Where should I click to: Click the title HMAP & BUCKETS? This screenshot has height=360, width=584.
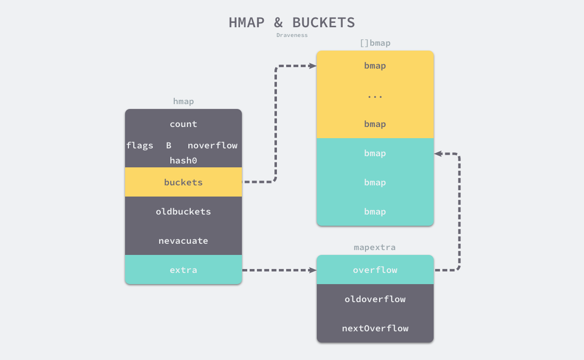click(292, 22)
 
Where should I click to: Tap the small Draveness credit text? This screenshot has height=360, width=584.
click(292, 35)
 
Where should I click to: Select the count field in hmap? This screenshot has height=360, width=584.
click(183, 124)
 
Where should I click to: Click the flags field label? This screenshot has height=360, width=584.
click(140, 145)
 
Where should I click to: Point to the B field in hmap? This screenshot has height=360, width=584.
click(168, 145)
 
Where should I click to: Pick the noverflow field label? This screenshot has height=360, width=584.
click(213, 145)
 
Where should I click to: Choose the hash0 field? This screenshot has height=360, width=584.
click(183, 160)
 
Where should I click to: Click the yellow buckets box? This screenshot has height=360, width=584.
click(183, 182)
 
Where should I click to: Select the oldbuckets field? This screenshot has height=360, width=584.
click(183, 212)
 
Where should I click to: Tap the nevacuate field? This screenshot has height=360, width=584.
click(183, 241)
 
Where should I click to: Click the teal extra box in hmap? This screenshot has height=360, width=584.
click(183, 270)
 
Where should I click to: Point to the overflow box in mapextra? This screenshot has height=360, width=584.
click(375, 270)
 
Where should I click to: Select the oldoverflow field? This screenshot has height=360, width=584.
click(375, 299)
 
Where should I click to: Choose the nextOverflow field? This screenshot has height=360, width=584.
click(375, 328)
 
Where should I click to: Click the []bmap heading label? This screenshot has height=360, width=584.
click(375, 43)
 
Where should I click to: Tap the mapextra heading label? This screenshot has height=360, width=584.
click(375, 247)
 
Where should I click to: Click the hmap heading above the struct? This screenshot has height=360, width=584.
click(183, 101)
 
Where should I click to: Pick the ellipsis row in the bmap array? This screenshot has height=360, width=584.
click(375, 95)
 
